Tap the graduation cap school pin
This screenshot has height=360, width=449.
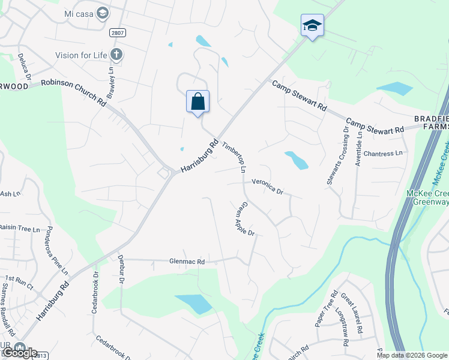(312, 25)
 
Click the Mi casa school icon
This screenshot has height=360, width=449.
(103, 13)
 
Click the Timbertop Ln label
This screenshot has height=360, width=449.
(235, 158)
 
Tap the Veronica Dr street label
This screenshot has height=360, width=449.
(267, 187)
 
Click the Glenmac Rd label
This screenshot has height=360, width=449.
(187, 262)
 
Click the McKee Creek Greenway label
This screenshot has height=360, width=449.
(427, 197)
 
